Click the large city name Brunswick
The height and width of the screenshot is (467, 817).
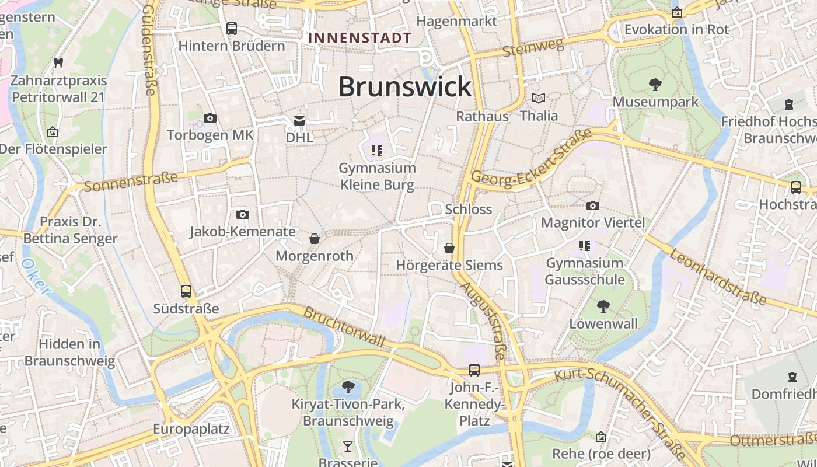click(404, 87)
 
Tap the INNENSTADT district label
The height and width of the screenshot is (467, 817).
click(359, 38)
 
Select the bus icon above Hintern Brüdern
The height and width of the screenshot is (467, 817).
click(232, 28)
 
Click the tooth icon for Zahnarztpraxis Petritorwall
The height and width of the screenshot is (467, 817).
click(58, 62)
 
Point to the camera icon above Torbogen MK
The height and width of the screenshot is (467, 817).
click(210, 119)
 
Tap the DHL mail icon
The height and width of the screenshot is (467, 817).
click(299, 121)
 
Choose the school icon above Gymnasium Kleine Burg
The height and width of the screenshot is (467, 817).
click(377, 151)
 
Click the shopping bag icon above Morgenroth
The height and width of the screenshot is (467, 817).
click(315, 239)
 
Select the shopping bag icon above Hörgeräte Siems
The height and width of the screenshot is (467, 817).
click(449, 248)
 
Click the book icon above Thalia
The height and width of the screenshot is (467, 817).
click(539, 98)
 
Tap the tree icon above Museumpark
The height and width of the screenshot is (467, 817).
click(655, 85)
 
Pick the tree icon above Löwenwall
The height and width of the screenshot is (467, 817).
click(603, 306)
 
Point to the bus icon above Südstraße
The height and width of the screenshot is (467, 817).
click(186, 291)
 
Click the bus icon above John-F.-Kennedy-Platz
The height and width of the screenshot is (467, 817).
click(474, 370)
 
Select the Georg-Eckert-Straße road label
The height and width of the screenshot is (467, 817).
click(531, 161)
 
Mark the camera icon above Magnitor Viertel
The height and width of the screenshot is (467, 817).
click(593, 205)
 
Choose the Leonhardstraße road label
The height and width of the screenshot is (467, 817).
click(717, 277)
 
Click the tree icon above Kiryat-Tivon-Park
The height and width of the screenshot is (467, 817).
click(348, 386)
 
